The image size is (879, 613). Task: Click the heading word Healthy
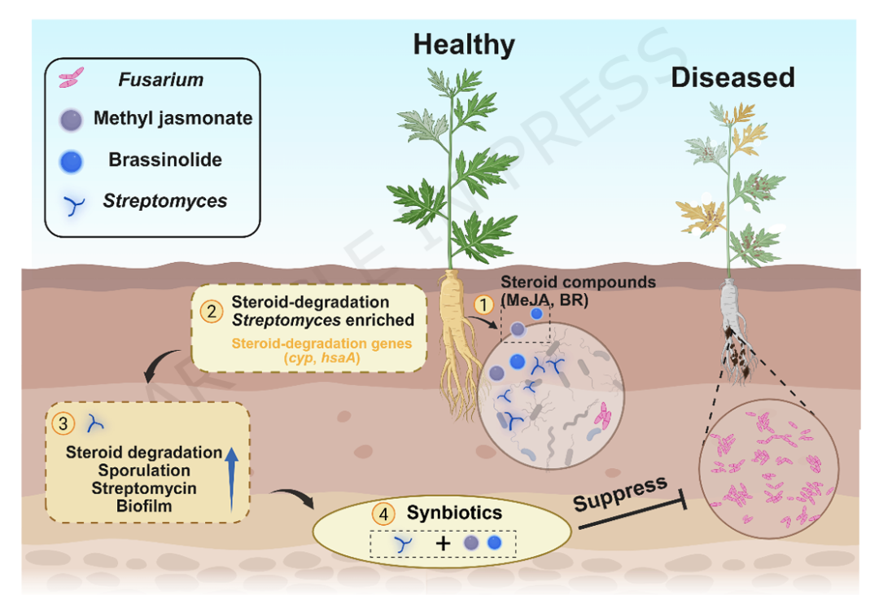point(464,46)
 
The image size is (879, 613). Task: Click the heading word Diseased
point(732,77)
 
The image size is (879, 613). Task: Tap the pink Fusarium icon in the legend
point(71,77)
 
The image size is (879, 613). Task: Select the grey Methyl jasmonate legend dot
point(71,120)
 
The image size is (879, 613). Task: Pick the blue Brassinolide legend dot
point(71,161)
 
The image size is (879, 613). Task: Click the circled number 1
point(483,304)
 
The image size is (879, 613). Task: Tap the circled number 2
point(212,311)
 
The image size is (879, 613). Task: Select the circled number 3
point(63,423)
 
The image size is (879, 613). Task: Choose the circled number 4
point(383,514)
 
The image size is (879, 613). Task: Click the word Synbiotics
point(454,513)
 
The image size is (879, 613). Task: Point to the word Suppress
point(620,493)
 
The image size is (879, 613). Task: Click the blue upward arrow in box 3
point(231,479)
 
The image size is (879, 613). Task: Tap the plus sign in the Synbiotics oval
point(443,543)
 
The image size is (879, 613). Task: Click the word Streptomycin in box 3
point(144,488)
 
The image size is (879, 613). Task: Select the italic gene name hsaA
point(339,358)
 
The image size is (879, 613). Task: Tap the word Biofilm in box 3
point(144,506)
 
